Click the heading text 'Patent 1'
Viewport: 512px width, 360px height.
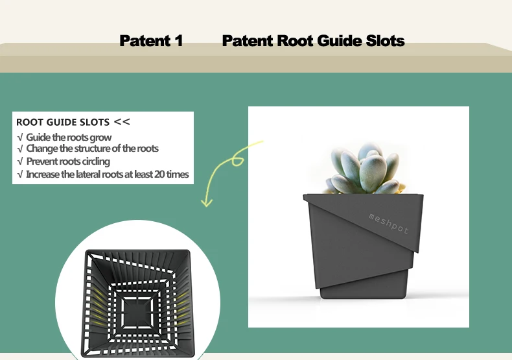click(x=151, y=41)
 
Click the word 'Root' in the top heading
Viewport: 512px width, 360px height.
click(x=295, y=41)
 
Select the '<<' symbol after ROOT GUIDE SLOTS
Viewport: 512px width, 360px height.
click(x=122, y=121)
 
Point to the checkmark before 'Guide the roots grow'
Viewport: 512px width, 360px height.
click(x=20, y=138)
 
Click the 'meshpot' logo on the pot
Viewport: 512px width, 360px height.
click(x=389, y=222)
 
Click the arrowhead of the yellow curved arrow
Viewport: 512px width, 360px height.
click(x=207, y=203)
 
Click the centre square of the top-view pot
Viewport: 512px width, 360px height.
click(x=139, y=306)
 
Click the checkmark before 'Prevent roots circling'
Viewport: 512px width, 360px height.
click(x=20, y=162)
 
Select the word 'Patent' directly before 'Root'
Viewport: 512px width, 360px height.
click(x=248, y=41)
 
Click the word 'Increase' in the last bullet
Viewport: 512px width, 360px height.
click(x=43, y=174)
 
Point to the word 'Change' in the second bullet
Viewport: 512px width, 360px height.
click(x=42, y=149)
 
